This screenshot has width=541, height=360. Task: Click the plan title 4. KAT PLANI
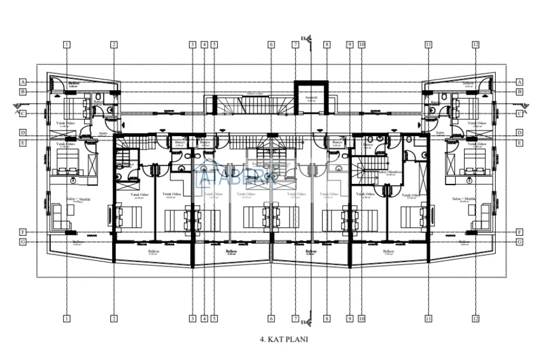click(284, 340)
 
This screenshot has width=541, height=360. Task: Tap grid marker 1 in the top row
click(66, 45)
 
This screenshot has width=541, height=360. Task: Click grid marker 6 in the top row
click(271, 45)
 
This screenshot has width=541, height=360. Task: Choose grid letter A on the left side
click(23, 82)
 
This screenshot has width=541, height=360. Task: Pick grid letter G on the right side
click(519, 242)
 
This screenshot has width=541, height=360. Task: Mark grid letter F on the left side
click(23, 232)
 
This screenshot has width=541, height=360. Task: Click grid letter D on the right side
click(519, 132)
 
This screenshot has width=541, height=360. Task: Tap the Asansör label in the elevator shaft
click(311, 98)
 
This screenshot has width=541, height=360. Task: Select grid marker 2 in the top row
click(113, 45)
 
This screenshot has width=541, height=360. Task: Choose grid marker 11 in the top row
click(428, 45)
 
